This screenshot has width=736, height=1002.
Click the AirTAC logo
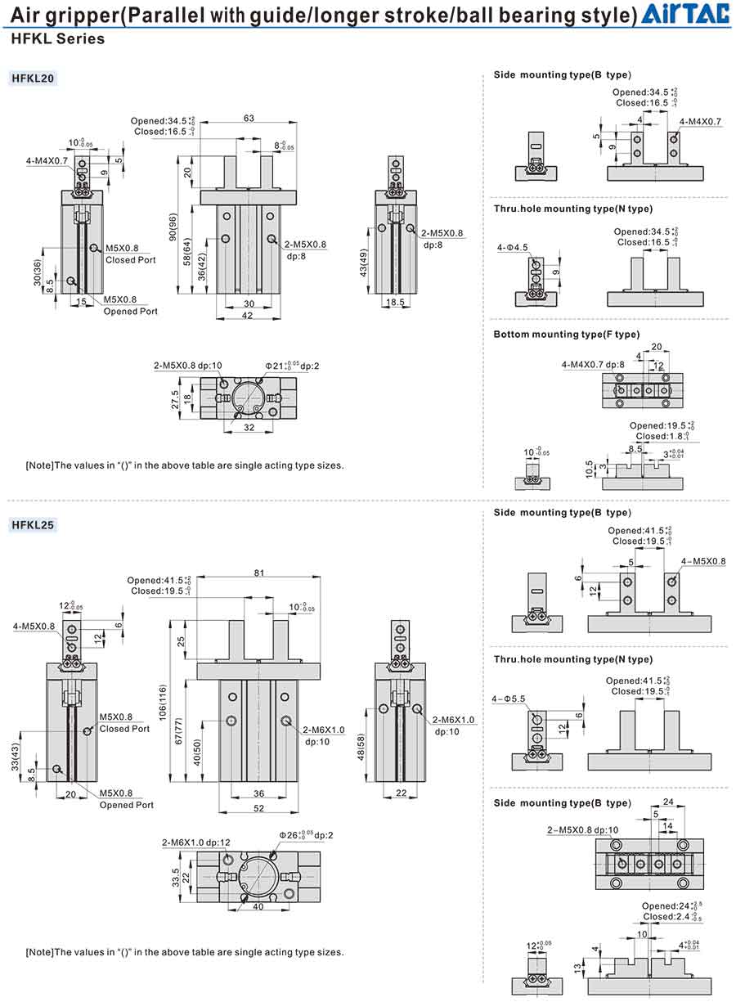click(686, 14)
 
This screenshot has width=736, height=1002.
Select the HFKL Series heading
click(57, 38)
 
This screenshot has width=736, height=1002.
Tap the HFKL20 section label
click(34, 79)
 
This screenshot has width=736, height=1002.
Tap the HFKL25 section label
click(34, 525)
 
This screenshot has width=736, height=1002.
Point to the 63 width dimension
click(249, 118)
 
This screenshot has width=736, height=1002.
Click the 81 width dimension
click(258, 573)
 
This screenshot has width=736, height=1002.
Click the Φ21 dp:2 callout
click(291, 365)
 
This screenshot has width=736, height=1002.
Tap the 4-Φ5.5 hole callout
click(509, 699)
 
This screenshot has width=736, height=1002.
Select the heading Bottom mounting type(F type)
click(566, 334)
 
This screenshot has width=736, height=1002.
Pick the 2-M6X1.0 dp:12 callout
click(195, 842)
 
